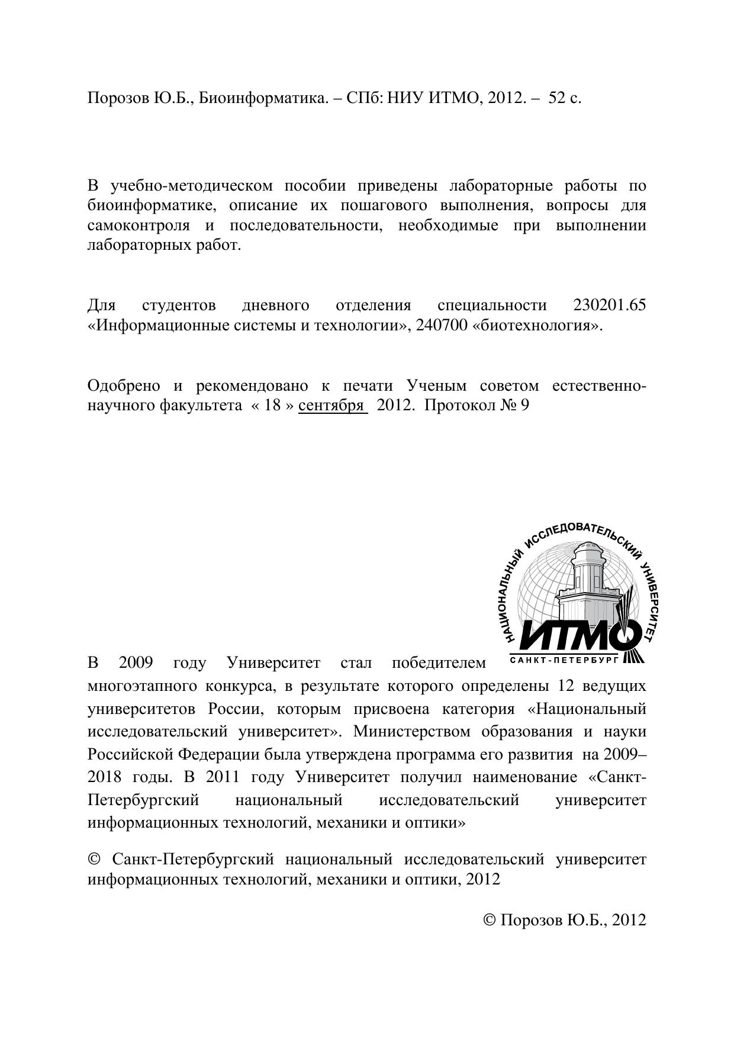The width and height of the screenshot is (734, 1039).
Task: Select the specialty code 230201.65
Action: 610,305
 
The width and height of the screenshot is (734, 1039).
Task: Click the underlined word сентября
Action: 331,406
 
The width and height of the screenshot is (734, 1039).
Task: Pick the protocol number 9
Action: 523,406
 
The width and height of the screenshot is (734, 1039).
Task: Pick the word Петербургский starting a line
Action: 143,800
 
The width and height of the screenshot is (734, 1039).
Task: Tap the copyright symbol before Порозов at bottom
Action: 490,920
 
